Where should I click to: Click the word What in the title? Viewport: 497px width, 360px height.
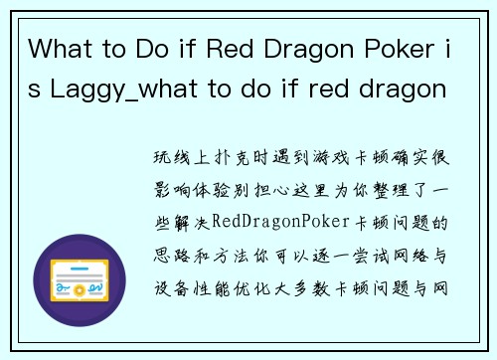pos(62,48)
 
